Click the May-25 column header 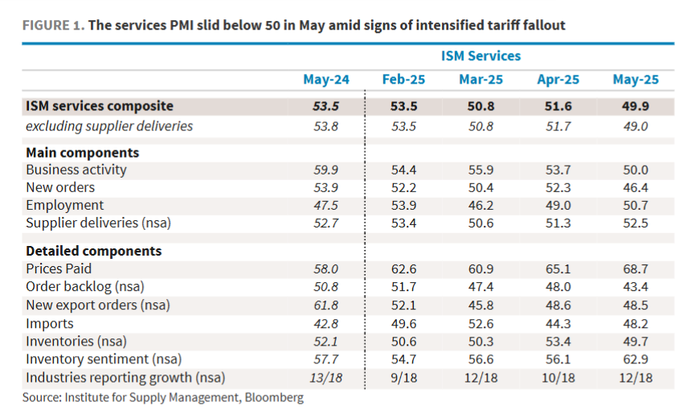click(635, 79)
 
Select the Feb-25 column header click(403, 79)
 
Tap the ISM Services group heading click(480, 55)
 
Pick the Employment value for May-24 click(325, 205)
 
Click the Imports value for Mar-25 click(480, 324)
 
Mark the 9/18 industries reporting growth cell click(403, 377)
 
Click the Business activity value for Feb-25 click(403, 170)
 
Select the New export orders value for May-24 click(325, 305)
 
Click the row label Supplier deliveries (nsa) click(98, 223)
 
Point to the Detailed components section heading click(93, 251)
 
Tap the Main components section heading click(82, 152)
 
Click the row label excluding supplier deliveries click(109, 125)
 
